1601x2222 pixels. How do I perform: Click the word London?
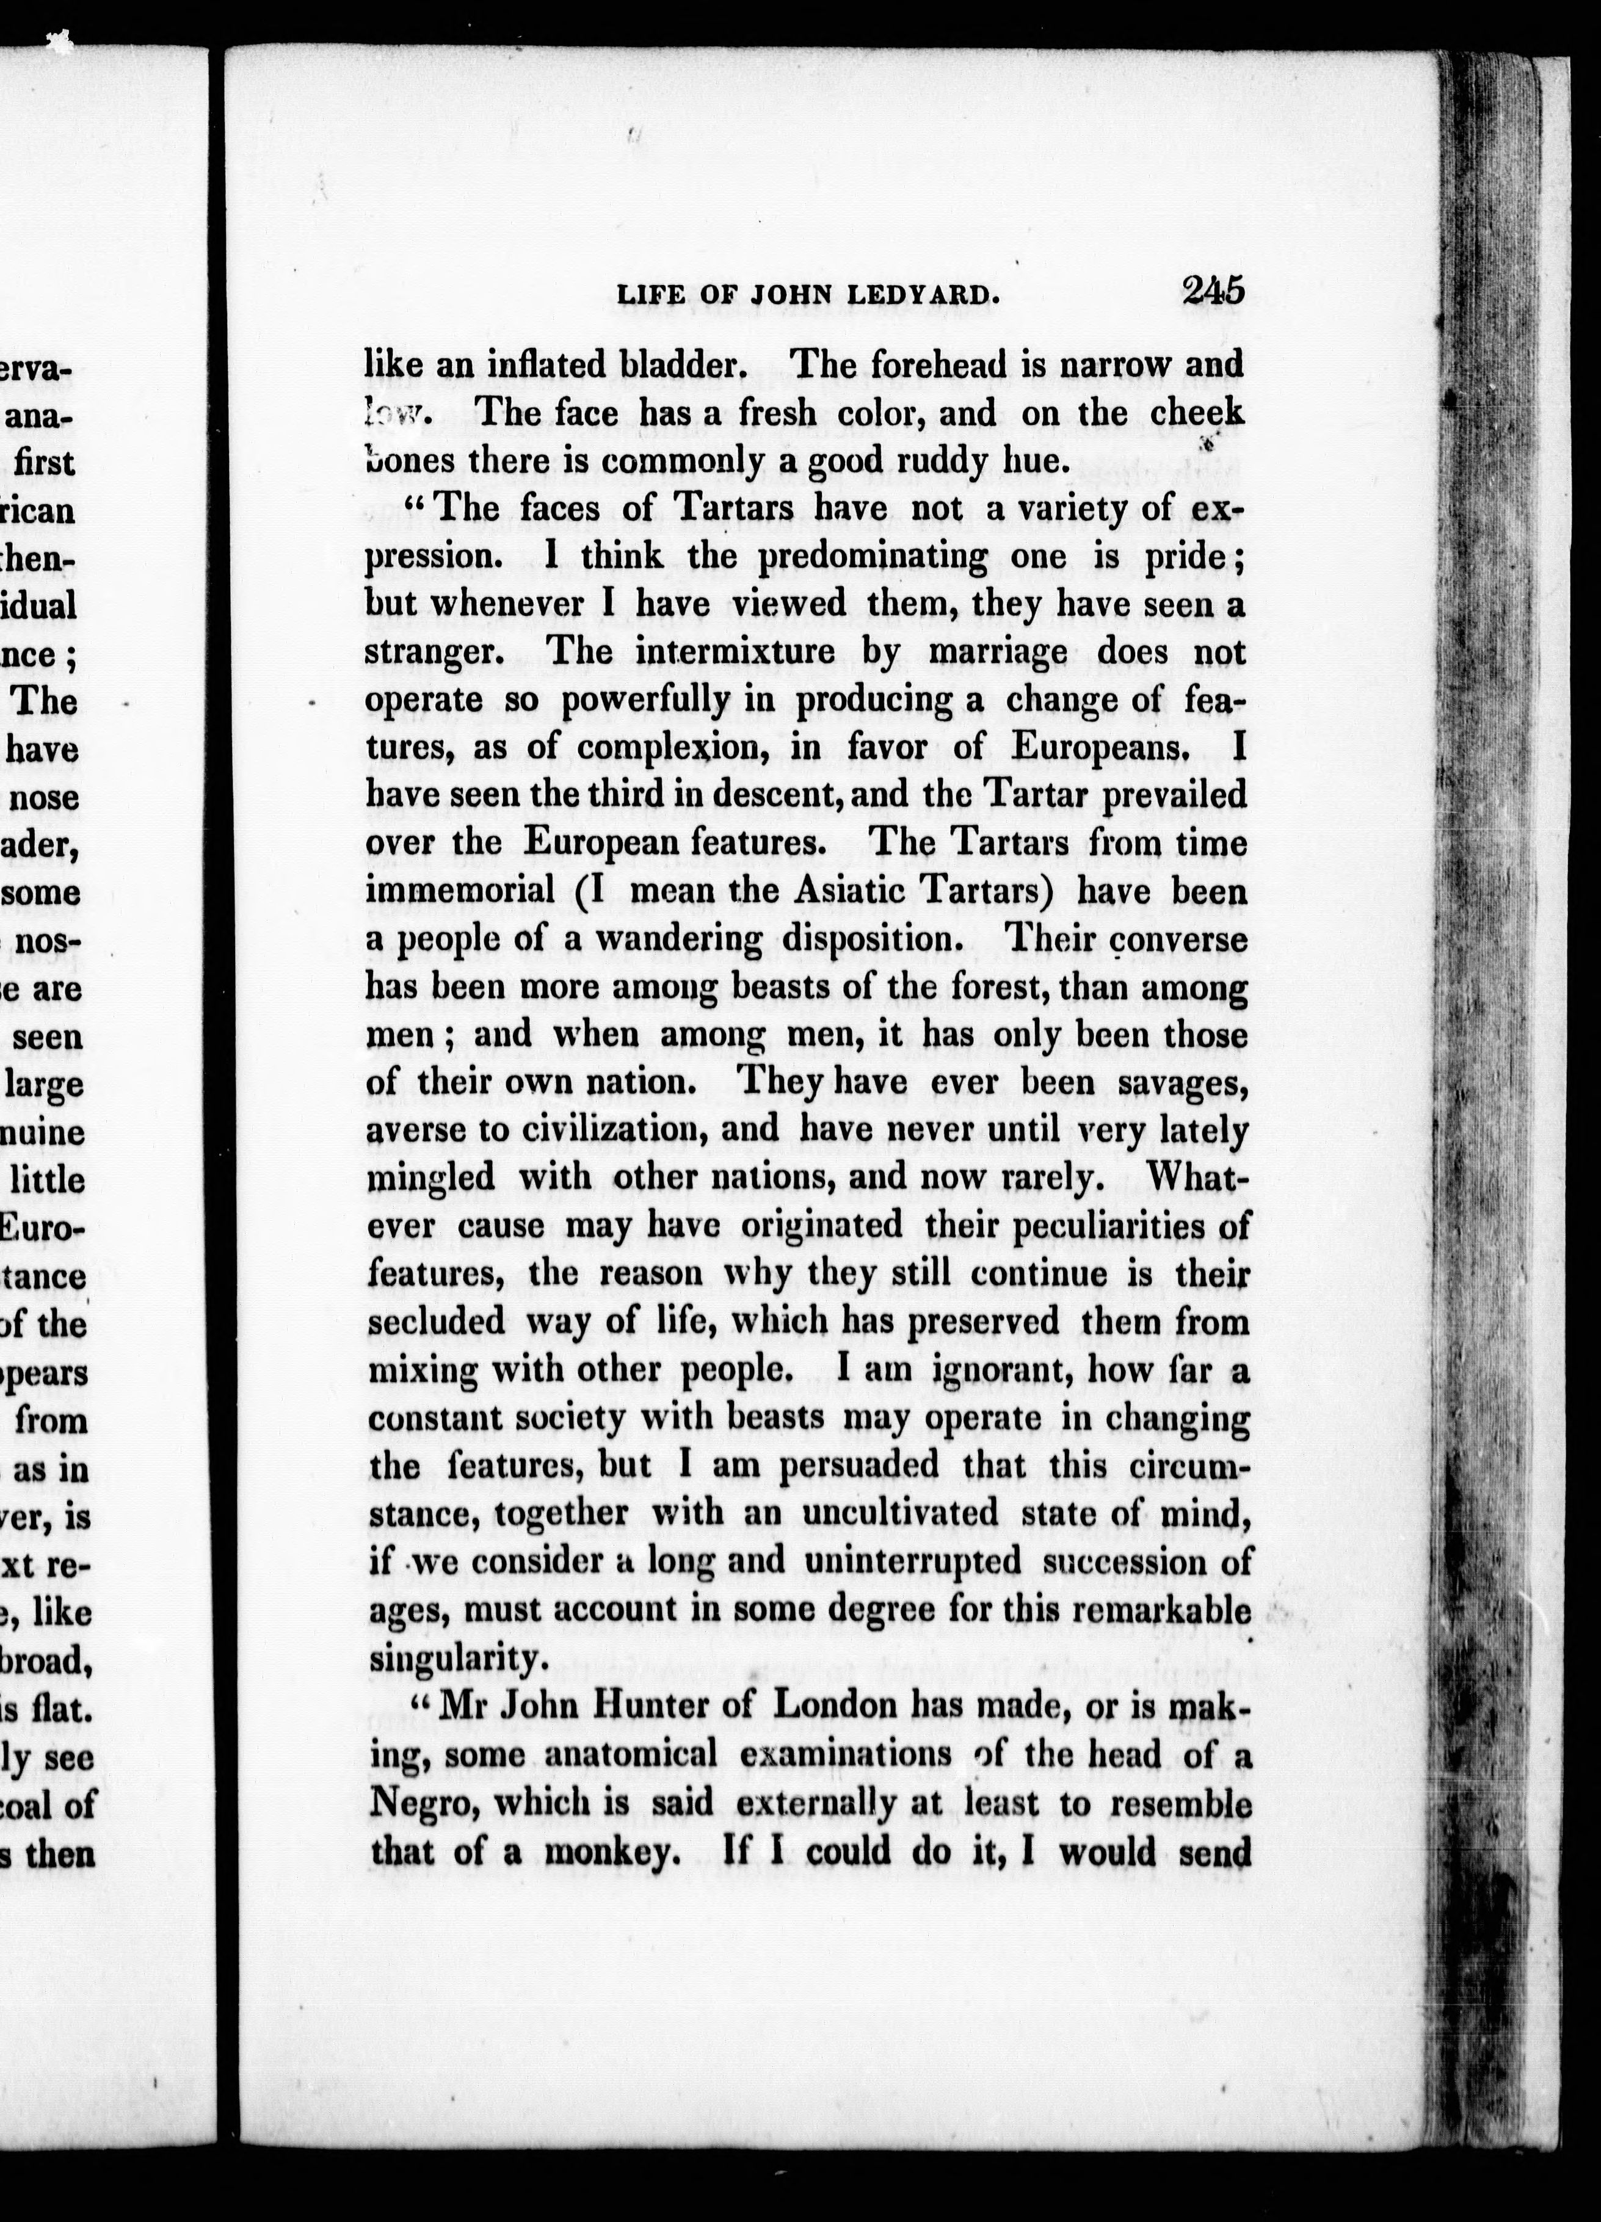coord(835,1706)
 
